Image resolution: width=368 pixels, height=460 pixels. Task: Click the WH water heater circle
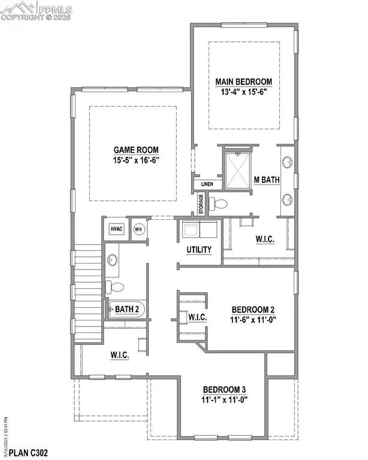138,229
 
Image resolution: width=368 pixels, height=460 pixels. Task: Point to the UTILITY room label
200,249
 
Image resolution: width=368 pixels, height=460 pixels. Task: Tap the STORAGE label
201,204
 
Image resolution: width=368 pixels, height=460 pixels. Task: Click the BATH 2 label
128,309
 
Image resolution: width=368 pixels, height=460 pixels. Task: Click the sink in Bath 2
113,260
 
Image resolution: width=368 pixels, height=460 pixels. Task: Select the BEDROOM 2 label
254,310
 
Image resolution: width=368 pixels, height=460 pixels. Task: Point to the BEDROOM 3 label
223,388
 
